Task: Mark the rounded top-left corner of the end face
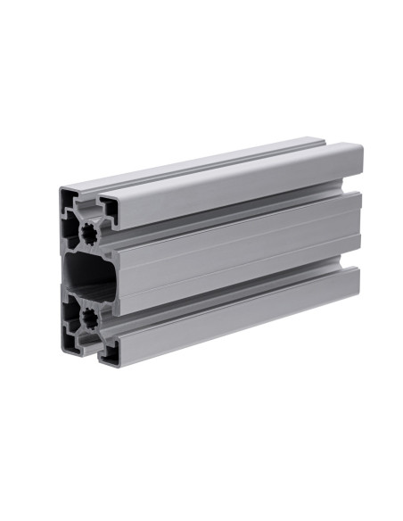pos(63,190)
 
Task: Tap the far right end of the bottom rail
pos(356,282)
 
